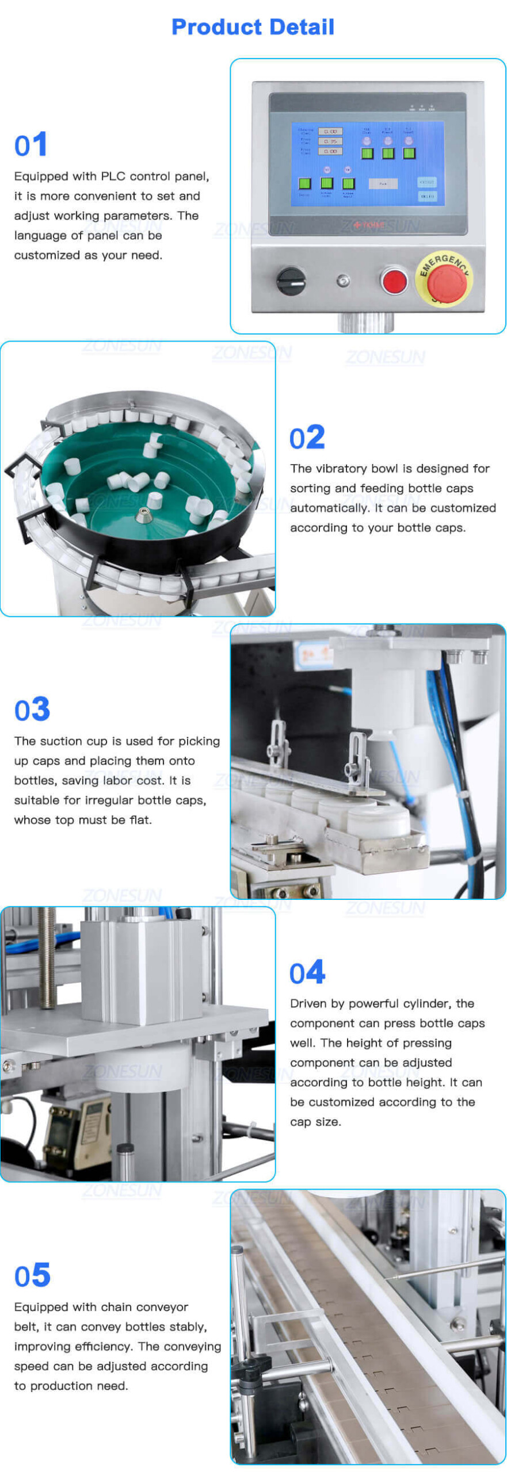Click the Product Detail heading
(253, 27)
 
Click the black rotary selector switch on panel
(291, 280)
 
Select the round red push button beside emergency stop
(394, 281)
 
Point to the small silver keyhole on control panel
(343, 281)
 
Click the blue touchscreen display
(367, 163)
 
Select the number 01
(31, 145)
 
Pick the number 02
(307, 438)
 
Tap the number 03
(32, 710)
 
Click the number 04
(307, 972)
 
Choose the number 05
(32, 1275)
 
